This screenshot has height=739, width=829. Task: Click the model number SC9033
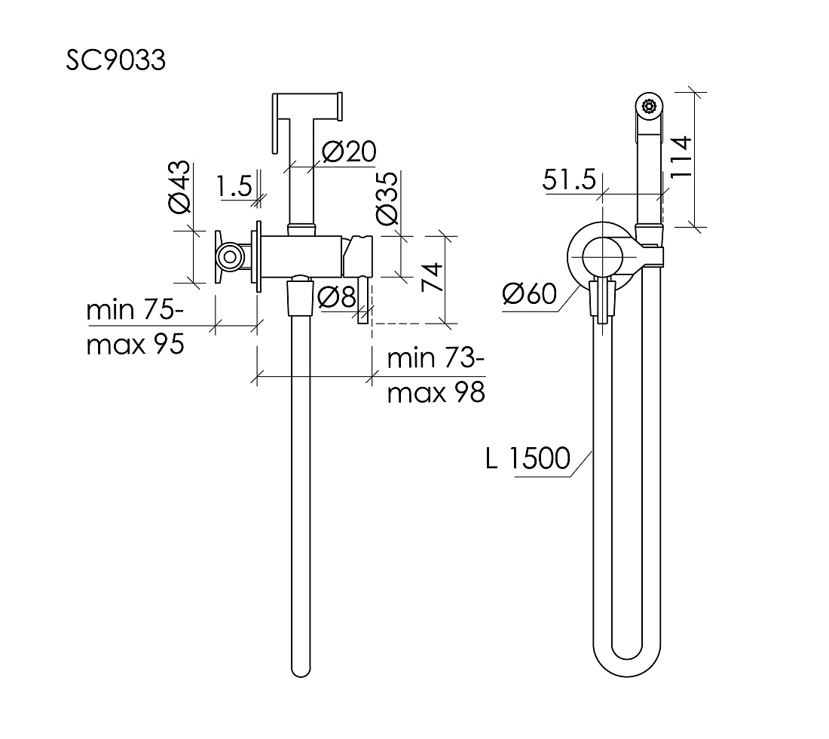tap(116, 60)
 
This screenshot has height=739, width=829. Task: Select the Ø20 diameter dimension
tap(349, 152)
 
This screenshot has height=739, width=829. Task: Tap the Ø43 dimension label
tap(180, 187)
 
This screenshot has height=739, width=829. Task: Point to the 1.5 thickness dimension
tap(234, 186)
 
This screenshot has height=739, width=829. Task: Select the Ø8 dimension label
tap(337, 297)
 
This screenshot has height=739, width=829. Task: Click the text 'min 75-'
tap(136, 310)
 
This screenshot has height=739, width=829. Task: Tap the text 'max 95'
tap(136, 345)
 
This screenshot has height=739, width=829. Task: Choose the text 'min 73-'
tap(436, 359)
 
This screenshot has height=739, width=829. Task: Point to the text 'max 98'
tap(436, 393)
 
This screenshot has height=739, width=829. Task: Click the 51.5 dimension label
tap(569, 180)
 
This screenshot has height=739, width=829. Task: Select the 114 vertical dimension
tap(681, 157)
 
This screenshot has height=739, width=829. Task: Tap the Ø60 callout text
tap(530, 293)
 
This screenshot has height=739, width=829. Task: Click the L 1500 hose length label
tap(528, 458)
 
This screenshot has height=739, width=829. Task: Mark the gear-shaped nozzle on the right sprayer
tap(649, 106)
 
